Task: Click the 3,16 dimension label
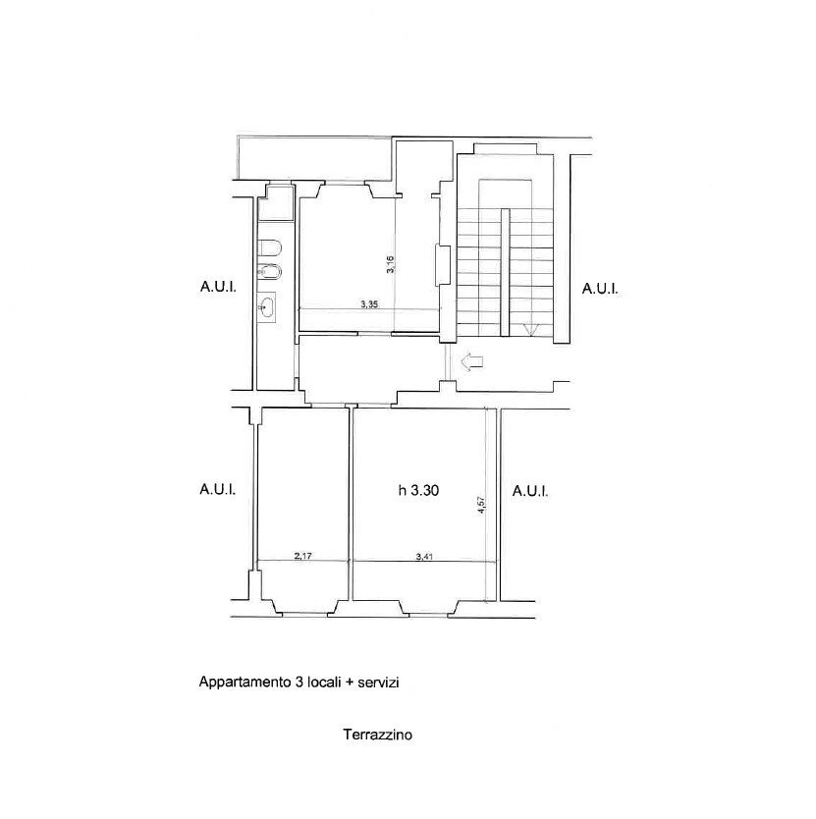(390, 264)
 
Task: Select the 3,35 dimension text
(369, 304)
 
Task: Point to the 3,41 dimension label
(425, 556)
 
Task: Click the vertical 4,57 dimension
(481, 504)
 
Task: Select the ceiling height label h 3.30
(416, 491)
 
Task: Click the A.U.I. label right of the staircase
(600, 289)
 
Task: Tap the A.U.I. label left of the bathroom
(218, 289)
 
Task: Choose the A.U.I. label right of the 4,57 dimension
(530, 490)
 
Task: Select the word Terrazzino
(377, 734)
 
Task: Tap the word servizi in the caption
(378, 682)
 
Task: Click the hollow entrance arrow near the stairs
(473, 362)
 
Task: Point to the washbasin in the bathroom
(268, 308)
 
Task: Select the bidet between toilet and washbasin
(272, 272)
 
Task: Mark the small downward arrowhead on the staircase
(530, 330)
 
